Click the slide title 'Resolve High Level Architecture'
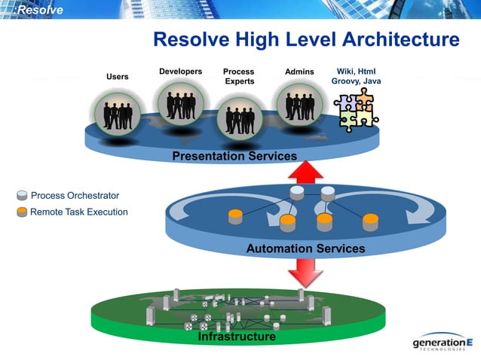click(x=306, y=40)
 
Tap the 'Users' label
click(x=117, y=77)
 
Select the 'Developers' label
click(x=180, y=72)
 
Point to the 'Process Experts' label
click(x=239, y=76)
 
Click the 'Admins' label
click(x=299, y=72)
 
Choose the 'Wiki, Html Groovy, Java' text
click(x=356, y=76)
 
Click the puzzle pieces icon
click(x=355, y=111)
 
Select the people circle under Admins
click(x=299, y=104)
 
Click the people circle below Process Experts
click(x=239, y=119)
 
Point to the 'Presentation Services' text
click(x=234, y=156)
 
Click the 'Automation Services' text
click(x=305, y=249)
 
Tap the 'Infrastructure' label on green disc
click(x=236, y=337)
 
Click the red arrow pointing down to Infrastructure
click(x=305, y=273)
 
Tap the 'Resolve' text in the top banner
click(x=40, y=10)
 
